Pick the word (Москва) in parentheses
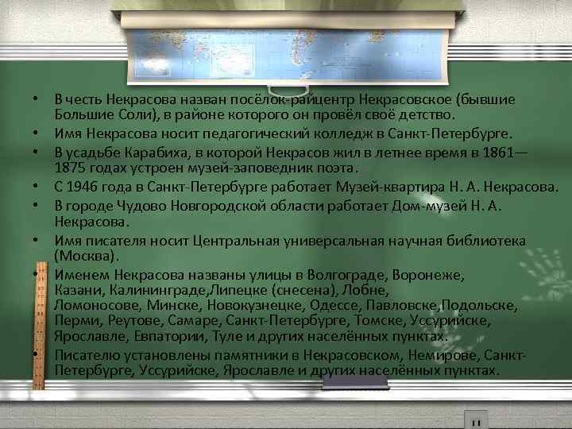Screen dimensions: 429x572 86,256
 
